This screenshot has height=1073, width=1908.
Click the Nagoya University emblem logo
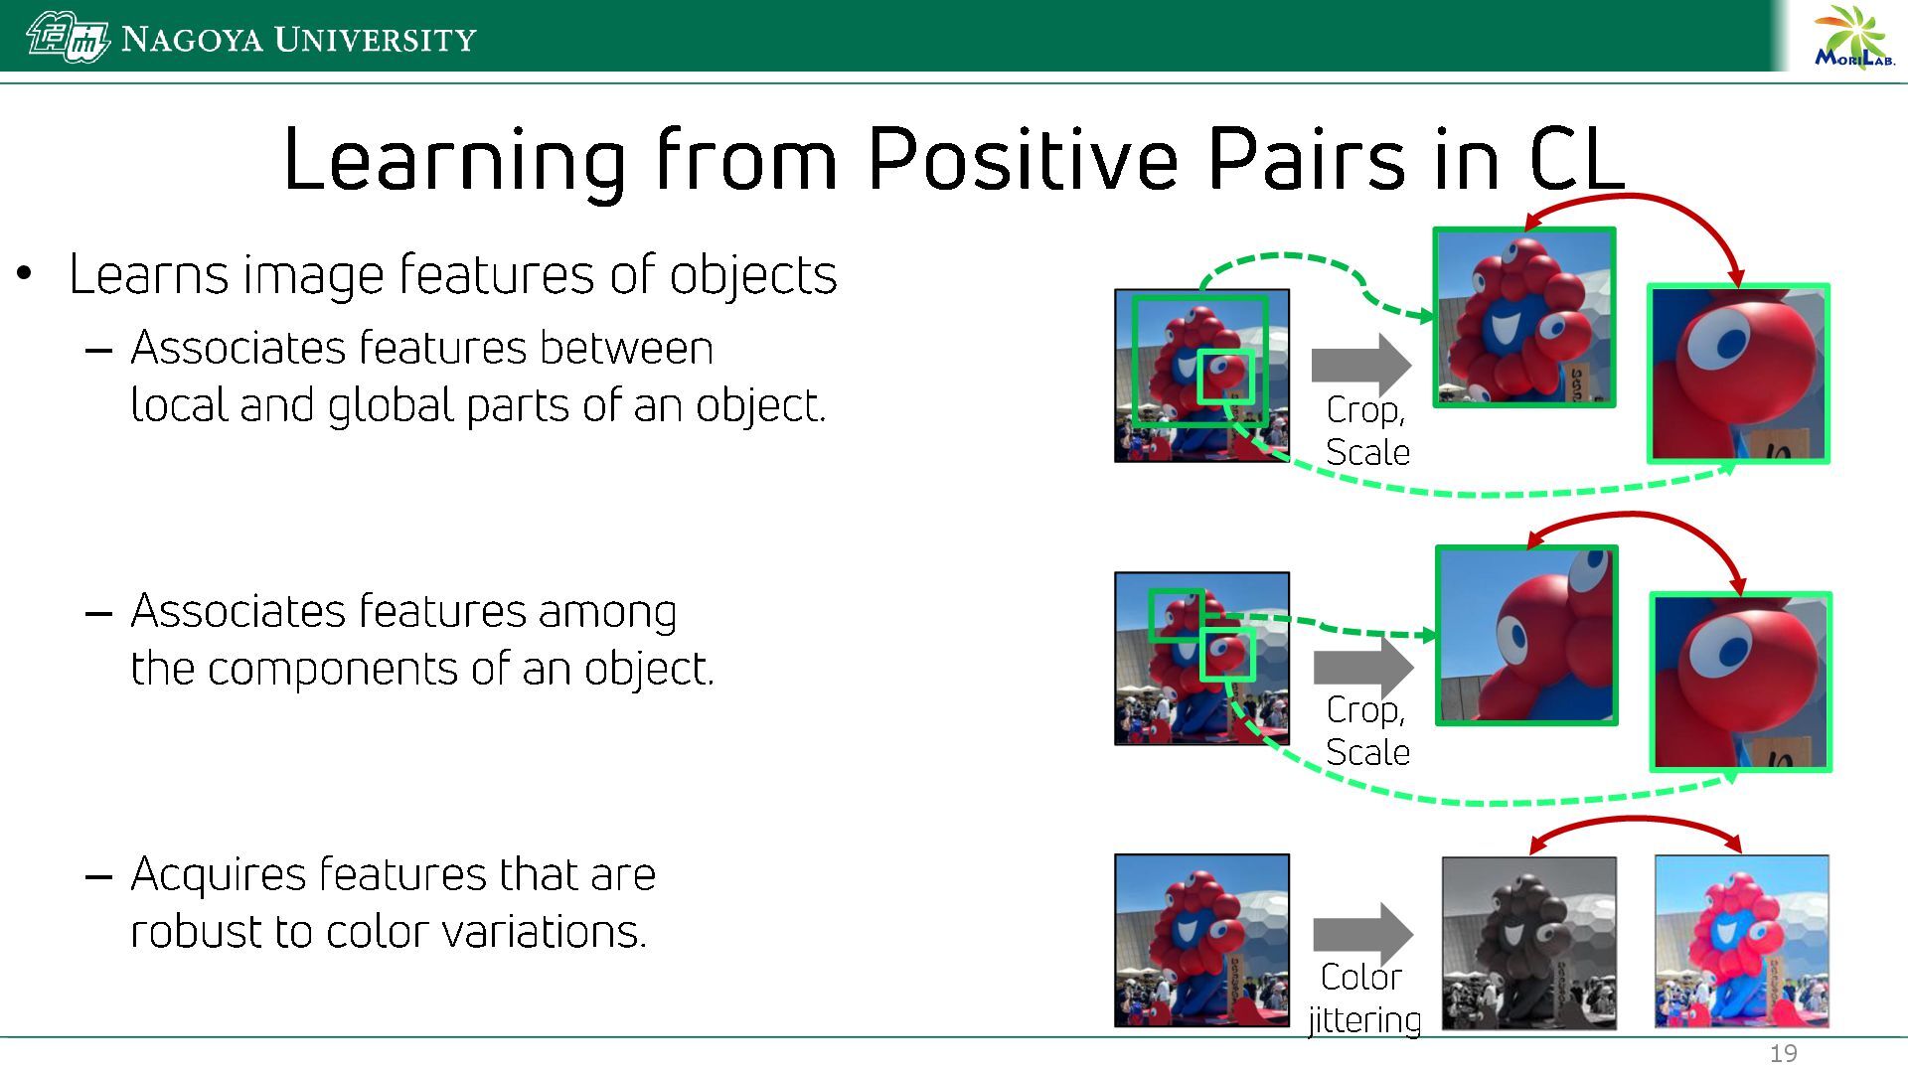(x=68, y=38)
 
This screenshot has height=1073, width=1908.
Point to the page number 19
(x=1784, y=1054)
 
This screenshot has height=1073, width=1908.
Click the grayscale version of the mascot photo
(x=1528, y=943)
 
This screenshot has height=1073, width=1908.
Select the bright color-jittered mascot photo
(x=1741, y=942)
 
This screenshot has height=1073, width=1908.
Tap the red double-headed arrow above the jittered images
(x=1636, y=821)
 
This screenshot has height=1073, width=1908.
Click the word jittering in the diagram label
(x=1364, y=1020)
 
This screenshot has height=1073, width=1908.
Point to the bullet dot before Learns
(x=25, y=273)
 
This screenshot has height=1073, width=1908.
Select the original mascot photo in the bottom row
(x=1201, y=940)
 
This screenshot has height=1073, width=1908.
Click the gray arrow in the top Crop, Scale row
(x=1361, y=365)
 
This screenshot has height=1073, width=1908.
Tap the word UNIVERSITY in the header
(x=376, y=40)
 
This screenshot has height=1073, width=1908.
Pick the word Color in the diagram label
(x=1360, y=977)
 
